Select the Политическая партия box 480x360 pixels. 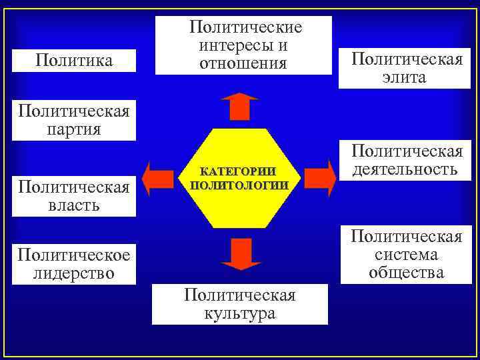[74, 119]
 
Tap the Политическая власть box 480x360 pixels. [74, 195]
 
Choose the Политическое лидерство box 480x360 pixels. [74, 264]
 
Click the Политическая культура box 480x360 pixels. [240, 304]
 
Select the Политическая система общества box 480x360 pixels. [407, 254]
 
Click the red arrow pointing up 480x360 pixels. [239, 106]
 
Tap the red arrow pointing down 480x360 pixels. [239, 254]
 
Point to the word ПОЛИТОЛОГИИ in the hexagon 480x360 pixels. [239, 185]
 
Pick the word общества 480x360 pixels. [406, 273]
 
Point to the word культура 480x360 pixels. [240, 313]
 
